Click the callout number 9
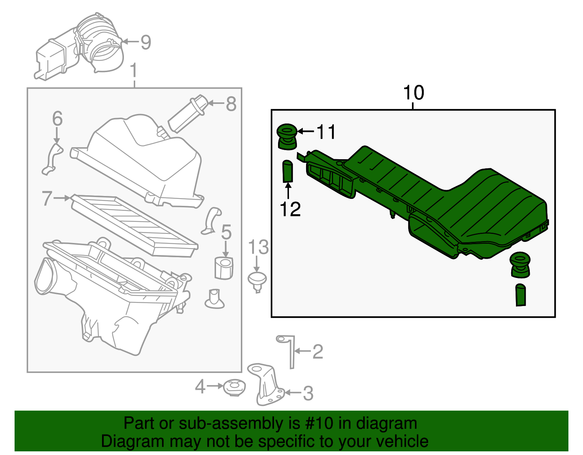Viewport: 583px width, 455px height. click(x=145, y=43)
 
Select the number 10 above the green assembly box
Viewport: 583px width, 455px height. click(x=414, y=93)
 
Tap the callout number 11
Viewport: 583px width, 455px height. click(x=326, y=132)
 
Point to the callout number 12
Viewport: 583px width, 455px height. click(x=290, y=209)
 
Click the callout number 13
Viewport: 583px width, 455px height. click(x=258, y=248)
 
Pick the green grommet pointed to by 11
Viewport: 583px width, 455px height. click(x=287, y=137)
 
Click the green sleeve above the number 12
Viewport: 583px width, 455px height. click(x=288, y=171)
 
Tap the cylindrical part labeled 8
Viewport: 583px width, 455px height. click(x=187, y=114)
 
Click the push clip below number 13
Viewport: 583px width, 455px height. click(x=257, y=281)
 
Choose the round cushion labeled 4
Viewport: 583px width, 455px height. click(x=234, y=388)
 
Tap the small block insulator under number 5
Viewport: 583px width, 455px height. click(x=224, y=268)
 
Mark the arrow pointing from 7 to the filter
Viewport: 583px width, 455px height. click(x=62, y=198)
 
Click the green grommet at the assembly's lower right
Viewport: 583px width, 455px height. click(x=520, y=265)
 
